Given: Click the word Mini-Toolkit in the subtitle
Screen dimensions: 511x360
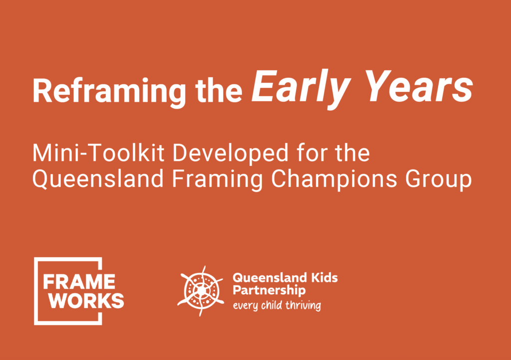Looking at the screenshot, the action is (x=98, y=153).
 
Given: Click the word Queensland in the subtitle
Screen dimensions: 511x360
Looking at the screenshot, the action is (x=98, y=180).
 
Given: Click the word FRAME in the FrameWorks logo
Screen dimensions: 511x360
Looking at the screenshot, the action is (x=79, y=282).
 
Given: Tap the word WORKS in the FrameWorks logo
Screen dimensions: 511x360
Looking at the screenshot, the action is (x=86, y=301).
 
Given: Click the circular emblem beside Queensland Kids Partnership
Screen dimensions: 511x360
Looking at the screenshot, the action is (x=201, y=290).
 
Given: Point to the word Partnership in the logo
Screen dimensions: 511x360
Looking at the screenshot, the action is (x=269, y=290).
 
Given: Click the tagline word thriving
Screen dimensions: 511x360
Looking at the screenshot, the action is (x=303, y=306).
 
